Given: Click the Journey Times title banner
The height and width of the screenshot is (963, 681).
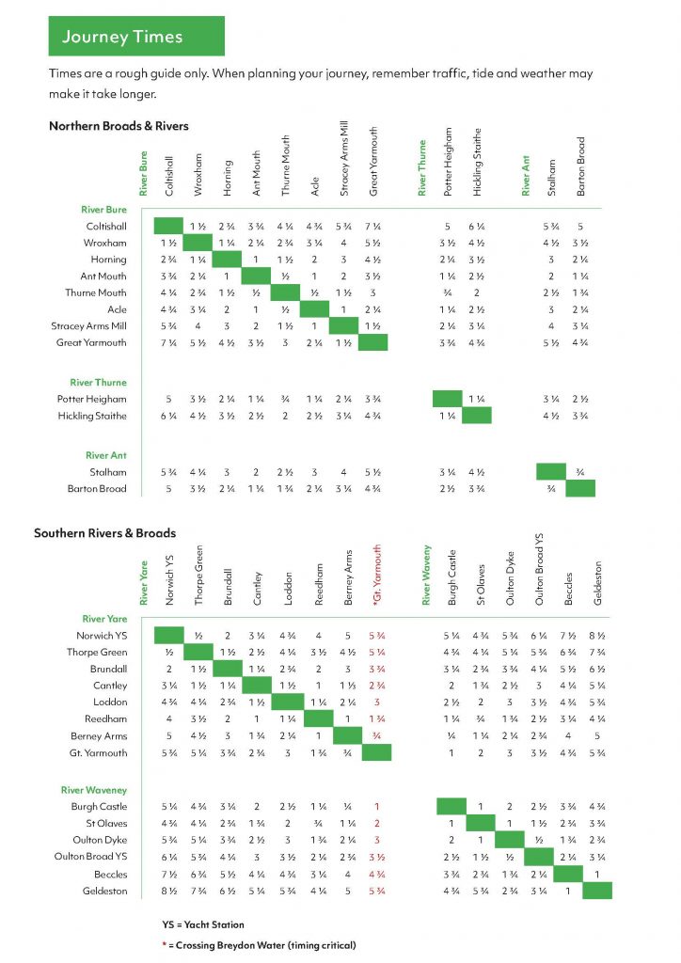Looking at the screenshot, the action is (x=136, y=37).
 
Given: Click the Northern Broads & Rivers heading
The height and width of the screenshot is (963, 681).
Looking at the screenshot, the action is (x=119, y=126).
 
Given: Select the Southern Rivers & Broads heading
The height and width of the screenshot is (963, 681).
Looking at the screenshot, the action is (x=105, y=533).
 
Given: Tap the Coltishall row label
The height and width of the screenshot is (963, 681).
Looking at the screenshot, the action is (x=106, y=226).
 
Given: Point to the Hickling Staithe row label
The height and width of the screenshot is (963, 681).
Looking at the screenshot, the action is (x=92, y=416).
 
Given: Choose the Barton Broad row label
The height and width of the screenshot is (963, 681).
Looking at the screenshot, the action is (x=97, y=489).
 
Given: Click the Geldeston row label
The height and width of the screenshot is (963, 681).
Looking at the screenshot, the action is (x=105, y=891).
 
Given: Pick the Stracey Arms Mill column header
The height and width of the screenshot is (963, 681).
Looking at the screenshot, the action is (x=344, y=158).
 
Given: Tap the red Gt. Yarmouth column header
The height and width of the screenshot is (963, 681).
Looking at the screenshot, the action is (x=377, y=575).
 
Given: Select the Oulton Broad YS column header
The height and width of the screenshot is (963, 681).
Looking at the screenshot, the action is (x=539, y=569).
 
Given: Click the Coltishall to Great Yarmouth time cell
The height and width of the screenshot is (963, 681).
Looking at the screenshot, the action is (x=372, y=227).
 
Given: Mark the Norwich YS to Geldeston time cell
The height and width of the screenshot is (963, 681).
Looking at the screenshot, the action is (x=597, y=636).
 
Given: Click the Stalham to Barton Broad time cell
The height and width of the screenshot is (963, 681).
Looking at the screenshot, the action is (x=580, y=472).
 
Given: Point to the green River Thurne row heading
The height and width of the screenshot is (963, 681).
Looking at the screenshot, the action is (x=98, y=382).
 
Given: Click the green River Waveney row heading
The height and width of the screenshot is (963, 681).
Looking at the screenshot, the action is (x=94, y=790).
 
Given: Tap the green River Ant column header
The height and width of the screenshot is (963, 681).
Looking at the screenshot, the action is (x=526, y=176).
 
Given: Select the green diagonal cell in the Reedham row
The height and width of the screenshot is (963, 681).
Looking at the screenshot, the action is (x=319, y=718).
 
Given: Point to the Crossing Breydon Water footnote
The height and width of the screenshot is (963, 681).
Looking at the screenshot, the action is (x=259, y=945).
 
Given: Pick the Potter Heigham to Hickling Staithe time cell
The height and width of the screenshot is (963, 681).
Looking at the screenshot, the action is (x=477, y=399).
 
